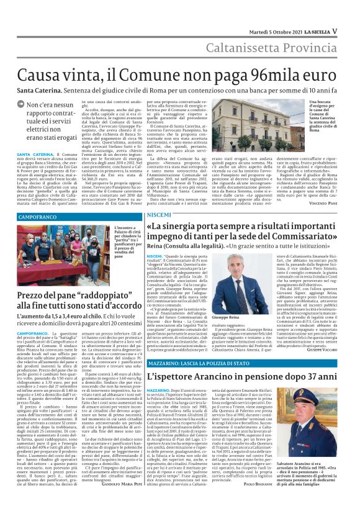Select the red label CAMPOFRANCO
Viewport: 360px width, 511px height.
click(38, 219)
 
